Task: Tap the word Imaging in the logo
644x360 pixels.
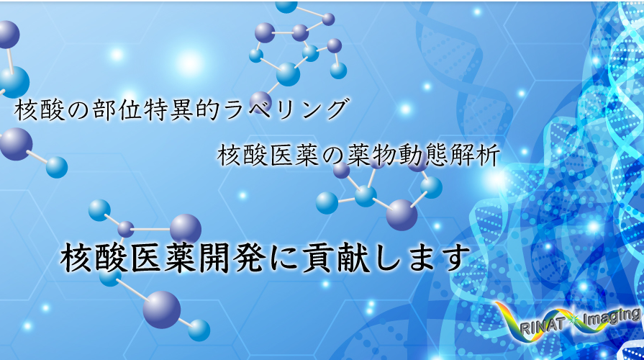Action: pos(612,318)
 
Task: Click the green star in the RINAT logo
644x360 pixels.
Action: pos(573,319)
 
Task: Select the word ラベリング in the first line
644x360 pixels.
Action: pos(286,110)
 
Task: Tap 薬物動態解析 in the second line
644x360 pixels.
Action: pos(423,156)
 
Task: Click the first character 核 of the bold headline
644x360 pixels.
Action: pos(76,258)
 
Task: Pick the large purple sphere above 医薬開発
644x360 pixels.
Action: pos(186,229)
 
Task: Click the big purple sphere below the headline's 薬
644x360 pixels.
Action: pos(162,310)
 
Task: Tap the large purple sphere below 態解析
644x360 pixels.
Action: pos(402,215)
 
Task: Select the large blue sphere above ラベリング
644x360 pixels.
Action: pos(288,74)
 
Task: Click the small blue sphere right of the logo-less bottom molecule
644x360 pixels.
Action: pos(199,330)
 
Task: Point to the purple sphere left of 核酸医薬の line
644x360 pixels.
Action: pos(16,144)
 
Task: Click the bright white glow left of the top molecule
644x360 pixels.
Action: pos(189,63)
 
